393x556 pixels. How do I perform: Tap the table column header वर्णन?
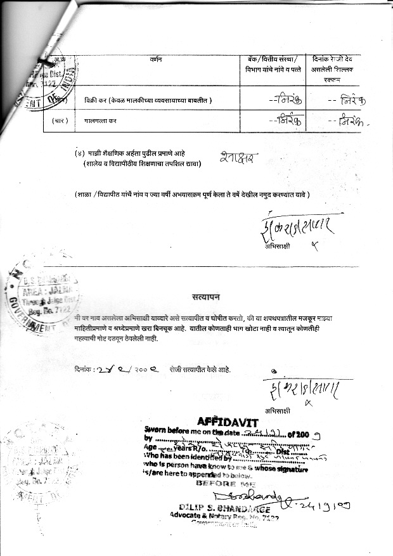[x=156, y=59]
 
